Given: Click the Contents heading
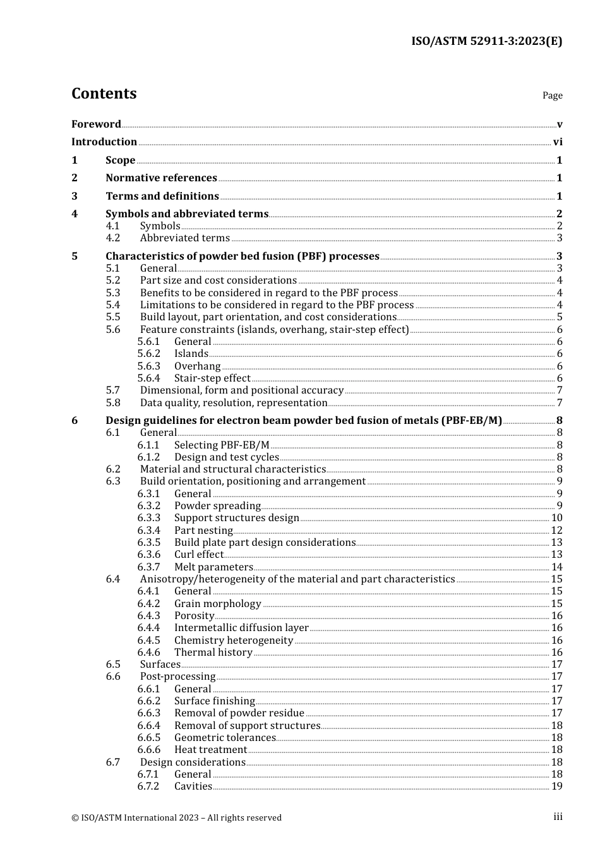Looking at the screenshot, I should (x=104, y=93).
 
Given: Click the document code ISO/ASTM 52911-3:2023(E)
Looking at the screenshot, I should (x=486, y=42).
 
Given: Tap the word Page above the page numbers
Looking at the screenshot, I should (x=552, y=95).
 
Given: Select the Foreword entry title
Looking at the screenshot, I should (x=96, y=124).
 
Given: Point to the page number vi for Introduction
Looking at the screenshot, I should (x=558, y=142).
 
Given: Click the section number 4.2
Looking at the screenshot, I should (x=113, y=238).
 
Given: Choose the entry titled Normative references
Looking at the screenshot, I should (x=161, y=178).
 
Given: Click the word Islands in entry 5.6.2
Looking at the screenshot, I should (x=191, y=354).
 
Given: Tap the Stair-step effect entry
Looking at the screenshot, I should (x=212, y=378).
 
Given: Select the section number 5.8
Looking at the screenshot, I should (x=113, y=403).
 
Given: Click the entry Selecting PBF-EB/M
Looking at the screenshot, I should (x=221, y=445).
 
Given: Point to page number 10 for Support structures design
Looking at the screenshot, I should (x=556, y=518).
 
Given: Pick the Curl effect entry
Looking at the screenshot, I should (x=198, y=555).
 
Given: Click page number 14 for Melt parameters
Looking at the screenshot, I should (x=556, y=567).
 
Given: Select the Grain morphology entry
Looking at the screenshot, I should (x=217, y=604).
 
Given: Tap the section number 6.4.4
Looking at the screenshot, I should (x=148, y=628).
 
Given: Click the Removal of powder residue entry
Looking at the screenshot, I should (x=239, y=713).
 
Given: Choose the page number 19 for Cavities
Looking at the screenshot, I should (x=556, y=786).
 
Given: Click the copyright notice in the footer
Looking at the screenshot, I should (x=176, y=817).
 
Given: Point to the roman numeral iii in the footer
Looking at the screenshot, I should (x=558, y=817).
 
